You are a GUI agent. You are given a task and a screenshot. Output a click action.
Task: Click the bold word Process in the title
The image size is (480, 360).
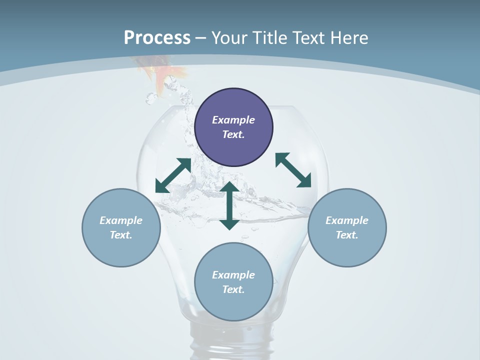(157, 38)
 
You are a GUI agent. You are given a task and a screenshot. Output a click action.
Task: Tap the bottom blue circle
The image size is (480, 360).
(233, 305)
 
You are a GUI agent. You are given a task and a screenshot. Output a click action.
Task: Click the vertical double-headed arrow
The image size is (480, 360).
(229, 205)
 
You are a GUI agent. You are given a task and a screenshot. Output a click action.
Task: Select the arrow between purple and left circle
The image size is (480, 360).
(173, 175)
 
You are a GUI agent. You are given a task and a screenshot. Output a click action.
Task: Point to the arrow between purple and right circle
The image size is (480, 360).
(293, 170)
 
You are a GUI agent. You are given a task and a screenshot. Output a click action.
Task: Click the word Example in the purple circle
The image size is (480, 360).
(233, 120)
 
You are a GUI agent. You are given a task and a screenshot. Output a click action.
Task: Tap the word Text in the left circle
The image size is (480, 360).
(121, 235)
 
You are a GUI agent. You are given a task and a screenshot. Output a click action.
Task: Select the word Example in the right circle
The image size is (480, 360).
(347, 220)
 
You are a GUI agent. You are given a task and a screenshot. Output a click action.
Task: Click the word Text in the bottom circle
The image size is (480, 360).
(233, 289)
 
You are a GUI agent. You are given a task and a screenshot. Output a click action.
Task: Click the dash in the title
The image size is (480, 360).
(201, 38)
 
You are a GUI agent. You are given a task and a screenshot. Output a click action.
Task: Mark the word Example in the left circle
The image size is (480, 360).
(121, 220)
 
